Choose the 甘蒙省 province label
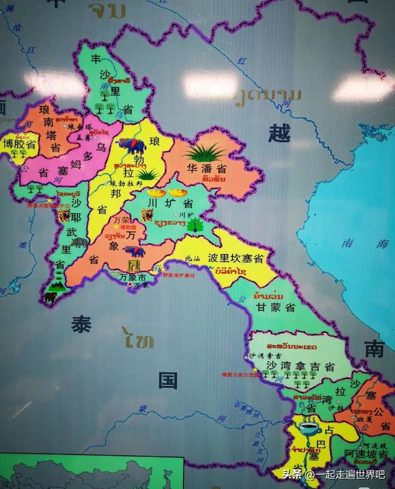275,307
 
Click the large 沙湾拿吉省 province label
300,365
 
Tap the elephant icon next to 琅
132,145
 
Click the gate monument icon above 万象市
133,266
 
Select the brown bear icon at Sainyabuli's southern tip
50,296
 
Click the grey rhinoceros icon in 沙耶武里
79,242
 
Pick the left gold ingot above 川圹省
156,193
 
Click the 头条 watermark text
293,474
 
